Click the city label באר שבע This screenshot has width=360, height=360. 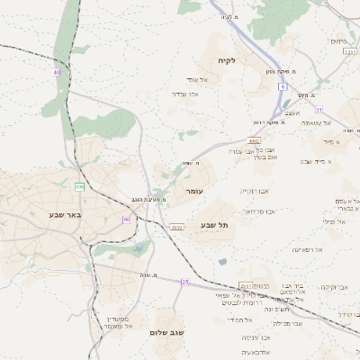(67, 215)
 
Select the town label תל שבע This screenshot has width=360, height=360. (214, 224)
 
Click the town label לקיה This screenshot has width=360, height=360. (226, 61)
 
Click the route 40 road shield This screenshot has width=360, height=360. (56, 72)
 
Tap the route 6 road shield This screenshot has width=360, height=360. (282, 86)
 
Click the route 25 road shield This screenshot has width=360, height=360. (185, 282)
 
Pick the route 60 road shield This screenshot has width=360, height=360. (126, 219)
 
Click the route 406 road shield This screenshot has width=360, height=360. (80, 187)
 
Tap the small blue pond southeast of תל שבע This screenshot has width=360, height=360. (222, 262)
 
